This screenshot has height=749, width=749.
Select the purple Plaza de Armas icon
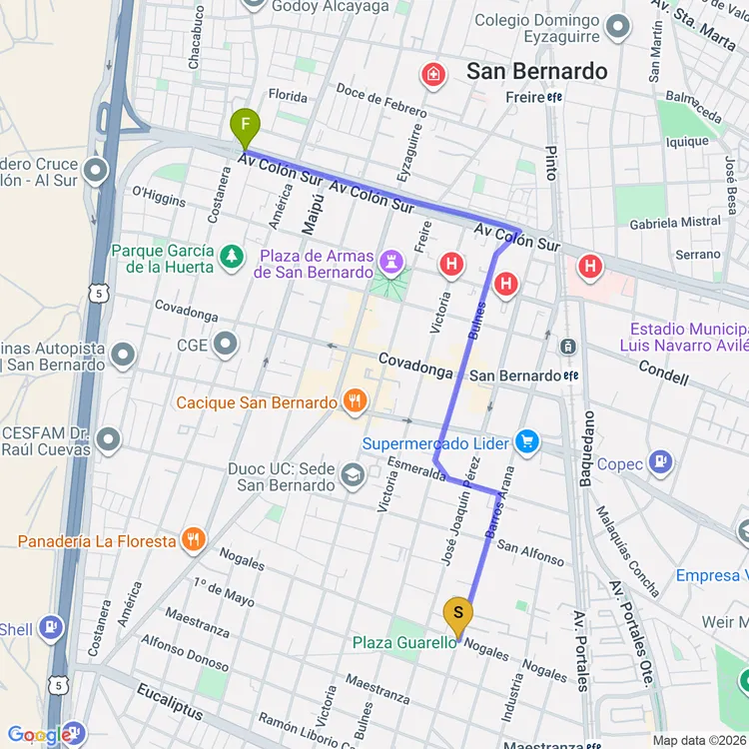tap(389, 263)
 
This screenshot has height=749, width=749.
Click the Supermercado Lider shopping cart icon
tap(527, 442)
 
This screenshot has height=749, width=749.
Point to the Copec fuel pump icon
tap(659, 462)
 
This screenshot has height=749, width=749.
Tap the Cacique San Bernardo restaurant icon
tap(354, 402)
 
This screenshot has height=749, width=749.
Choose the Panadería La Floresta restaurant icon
tap(194, 540)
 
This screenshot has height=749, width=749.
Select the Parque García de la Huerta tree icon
tap(232, 258)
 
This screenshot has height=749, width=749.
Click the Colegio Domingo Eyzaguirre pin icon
tap(619, 27)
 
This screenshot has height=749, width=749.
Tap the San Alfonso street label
tap(530, 552)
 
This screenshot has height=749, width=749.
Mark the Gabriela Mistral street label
tap(674, 222)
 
